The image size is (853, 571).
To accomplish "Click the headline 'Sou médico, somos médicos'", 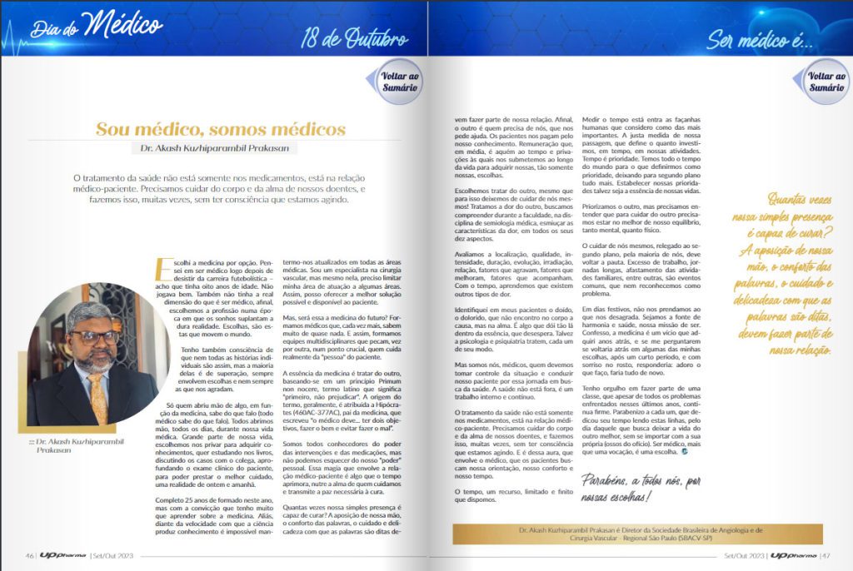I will point(221,129).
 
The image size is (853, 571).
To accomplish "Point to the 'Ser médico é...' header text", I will point(760,39).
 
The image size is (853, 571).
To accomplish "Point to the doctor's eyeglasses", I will point(94,337).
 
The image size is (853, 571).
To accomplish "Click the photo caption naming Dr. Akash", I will point(72,445).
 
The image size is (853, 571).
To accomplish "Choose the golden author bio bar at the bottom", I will point(638,534).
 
